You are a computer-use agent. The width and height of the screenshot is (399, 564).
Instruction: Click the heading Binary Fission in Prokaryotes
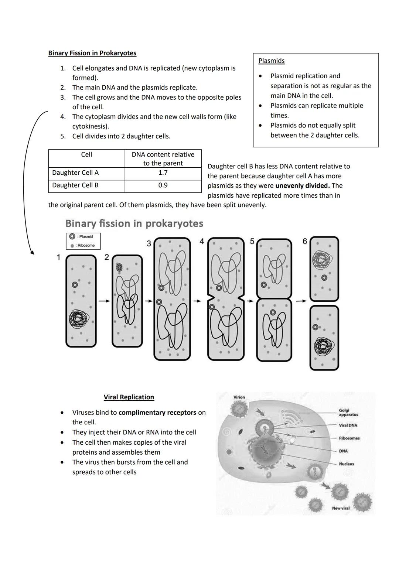coord(92,53)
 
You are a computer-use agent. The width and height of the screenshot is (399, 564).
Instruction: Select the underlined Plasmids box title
coord(271,61)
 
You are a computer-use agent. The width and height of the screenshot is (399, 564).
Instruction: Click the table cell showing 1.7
coord(163,172)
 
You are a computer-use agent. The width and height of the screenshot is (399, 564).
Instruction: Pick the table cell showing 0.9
coord(163,185)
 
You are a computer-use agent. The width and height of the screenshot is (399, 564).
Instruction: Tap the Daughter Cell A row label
coord(75,172)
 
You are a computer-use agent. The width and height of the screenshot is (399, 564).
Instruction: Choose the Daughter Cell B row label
coord(75,185)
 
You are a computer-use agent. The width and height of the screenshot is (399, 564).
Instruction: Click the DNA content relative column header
coord(163,158)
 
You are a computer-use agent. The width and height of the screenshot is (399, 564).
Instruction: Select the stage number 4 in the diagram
coord(202,242)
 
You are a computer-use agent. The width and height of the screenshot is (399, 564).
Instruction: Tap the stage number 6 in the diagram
coord(305,242)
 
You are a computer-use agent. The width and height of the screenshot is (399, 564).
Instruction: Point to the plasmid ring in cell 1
coord(75,284)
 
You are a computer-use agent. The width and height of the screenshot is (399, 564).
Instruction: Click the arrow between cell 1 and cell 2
coord(104,301)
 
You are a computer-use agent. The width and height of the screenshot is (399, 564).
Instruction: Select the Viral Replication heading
coord(129,397)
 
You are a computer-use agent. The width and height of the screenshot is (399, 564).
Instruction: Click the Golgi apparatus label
coord(348,412)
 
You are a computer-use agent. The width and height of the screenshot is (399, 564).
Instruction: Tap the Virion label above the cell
coord(239,397)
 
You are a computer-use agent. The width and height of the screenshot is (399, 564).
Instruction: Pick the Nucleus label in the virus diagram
coord(346,464)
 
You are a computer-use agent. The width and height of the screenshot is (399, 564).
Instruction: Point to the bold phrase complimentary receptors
coord(157,412)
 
